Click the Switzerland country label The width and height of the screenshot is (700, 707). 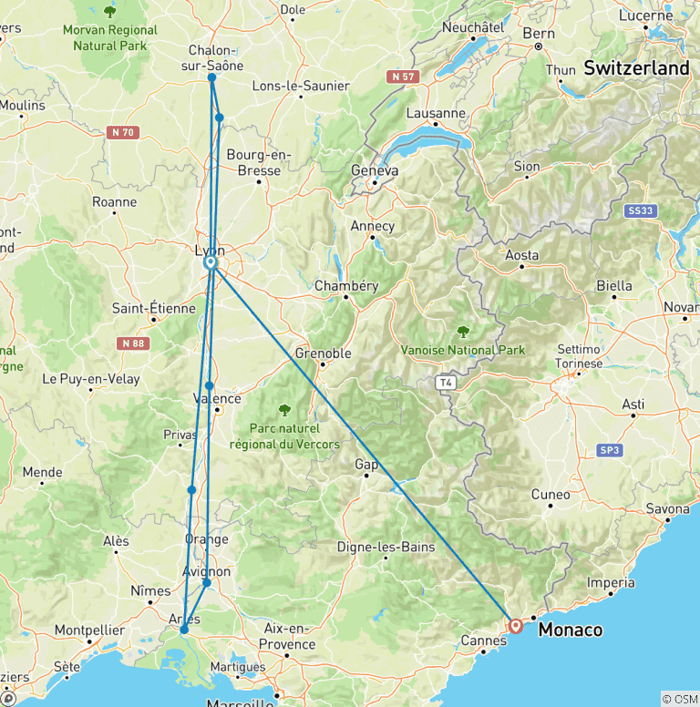point(636,68)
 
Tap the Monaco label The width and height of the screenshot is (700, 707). point(571,630)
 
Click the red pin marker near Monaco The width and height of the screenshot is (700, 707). point(516,626)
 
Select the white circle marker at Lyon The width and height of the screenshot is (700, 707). point(211,262)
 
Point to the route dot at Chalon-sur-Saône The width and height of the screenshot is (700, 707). point(211,77)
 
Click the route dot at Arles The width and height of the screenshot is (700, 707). point(184,630)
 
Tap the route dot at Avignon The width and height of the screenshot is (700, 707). point(207,582)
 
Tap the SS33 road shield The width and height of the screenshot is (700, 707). point(642,210)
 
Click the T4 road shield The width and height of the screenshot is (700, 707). point(444,383)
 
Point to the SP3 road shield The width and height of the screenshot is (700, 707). point(609,450)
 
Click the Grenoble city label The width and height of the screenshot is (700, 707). point(323,353)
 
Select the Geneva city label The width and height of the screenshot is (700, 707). point(375,170)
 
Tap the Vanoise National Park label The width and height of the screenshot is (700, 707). point(463,350)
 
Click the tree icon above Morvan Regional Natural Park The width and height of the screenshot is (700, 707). point(110,12)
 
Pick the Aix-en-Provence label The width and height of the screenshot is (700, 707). point(286,635)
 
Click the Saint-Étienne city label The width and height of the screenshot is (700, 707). point(153,309)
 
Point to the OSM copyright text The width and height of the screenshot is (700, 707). point(679,699)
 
